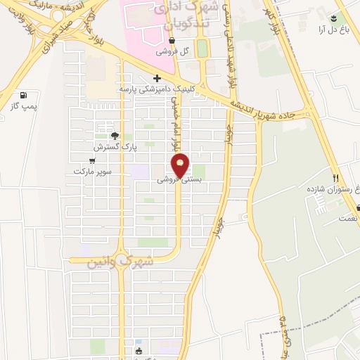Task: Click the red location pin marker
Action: point(181,165)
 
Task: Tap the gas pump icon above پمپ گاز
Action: point(25,94)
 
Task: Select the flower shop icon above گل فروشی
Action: point(172,41)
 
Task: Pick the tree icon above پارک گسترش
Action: point(115,136)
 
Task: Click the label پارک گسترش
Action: point(114,147)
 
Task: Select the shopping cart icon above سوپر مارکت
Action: point(92,160)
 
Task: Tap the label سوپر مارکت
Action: point(92,171)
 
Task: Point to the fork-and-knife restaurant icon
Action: point(336,178)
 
